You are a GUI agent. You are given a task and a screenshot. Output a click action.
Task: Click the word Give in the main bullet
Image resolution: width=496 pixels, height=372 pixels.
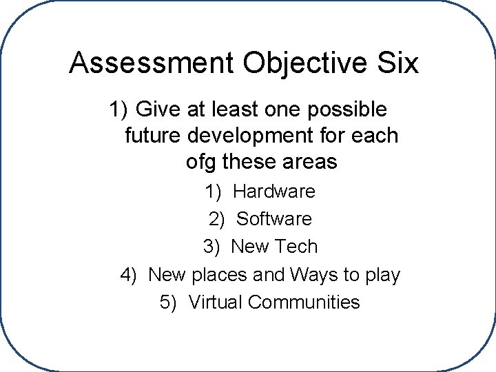tap(155, 109)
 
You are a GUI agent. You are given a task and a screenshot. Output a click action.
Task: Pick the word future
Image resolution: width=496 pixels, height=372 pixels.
tap(152, 136)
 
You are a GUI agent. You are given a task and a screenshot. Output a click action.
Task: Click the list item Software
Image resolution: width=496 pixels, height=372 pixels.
tap(273, 219)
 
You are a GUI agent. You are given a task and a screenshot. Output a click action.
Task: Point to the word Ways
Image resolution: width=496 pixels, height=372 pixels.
tap(313, 275)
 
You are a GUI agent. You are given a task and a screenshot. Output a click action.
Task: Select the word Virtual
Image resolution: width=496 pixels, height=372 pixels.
tap(214, 302)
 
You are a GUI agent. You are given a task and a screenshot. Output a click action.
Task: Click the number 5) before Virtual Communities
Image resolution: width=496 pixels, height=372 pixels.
tap(168, 302)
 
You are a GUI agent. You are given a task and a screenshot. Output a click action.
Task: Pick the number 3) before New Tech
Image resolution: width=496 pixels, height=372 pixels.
tap(211, 247)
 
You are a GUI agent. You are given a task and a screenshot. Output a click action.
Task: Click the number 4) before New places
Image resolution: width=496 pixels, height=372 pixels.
tap(129, 275)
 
